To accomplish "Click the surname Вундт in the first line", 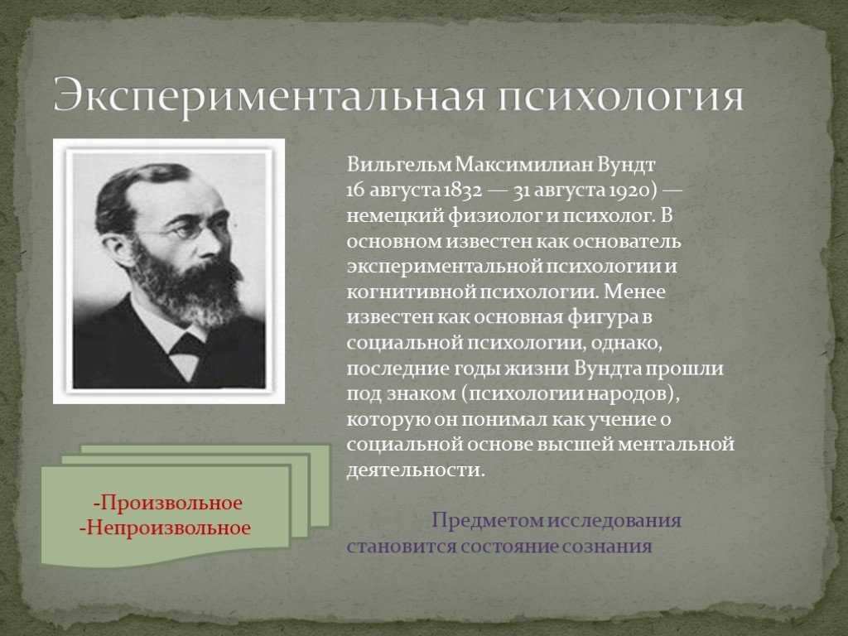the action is coord(626,165).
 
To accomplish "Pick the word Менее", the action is coord(634,292).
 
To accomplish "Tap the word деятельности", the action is coord(416,470).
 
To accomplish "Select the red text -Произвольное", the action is coord(167,503).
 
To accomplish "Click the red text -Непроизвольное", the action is coord(165,528).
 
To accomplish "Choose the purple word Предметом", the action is coord(487,521).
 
